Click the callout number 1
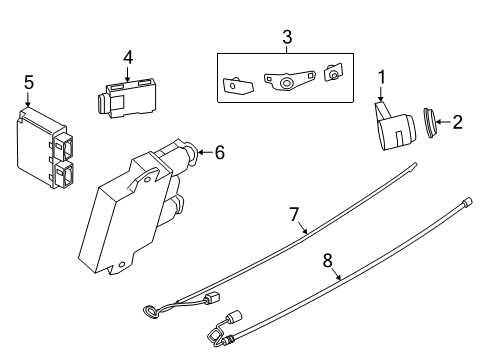pos(381,77)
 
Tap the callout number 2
pos(457,123)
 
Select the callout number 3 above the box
pos(286,38)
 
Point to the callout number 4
pos(127,58)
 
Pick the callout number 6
pos(219,152)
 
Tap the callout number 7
pos(294,214)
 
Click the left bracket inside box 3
pos(237,84)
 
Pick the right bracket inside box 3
pos(334,72)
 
